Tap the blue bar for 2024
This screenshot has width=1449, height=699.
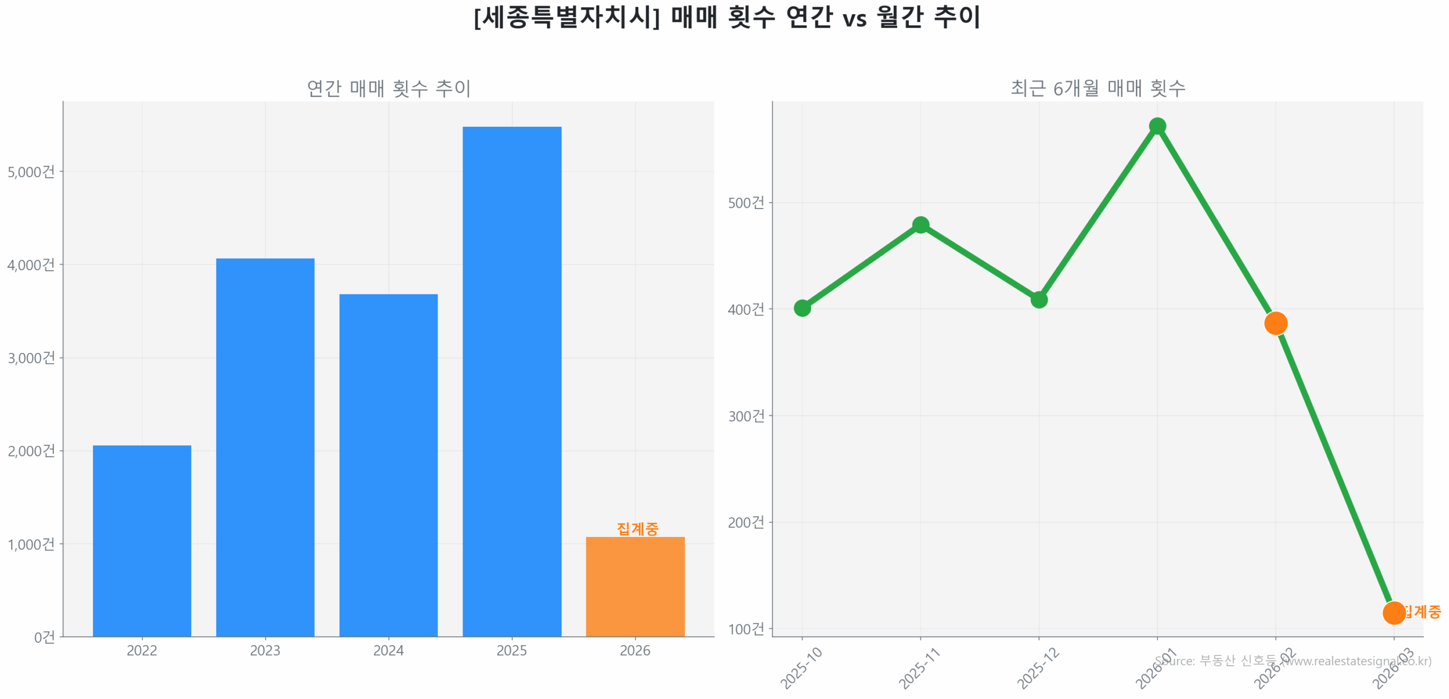388,464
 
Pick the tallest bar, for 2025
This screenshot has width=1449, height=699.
512,381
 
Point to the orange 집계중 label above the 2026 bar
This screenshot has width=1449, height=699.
637,528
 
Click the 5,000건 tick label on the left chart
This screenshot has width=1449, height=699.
31,172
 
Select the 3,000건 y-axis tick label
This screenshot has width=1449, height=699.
31,357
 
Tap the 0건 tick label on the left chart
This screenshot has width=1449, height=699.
44,637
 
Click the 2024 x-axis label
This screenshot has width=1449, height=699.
388,650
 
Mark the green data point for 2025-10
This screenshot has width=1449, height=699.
802,308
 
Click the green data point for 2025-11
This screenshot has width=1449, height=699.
920,225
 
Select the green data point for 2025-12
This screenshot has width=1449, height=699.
1039,299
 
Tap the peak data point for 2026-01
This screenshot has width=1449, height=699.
1157,126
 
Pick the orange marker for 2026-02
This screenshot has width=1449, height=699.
1275,323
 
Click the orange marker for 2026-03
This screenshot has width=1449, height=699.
1394,612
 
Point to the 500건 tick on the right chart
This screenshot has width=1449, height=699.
745,202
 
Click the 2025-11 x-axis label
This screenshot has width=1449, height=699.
919,668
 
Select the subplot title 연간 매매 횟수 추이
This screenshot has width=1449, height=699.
388,88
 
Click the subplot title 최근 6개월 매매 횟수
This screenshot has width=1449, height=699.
1098,88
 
